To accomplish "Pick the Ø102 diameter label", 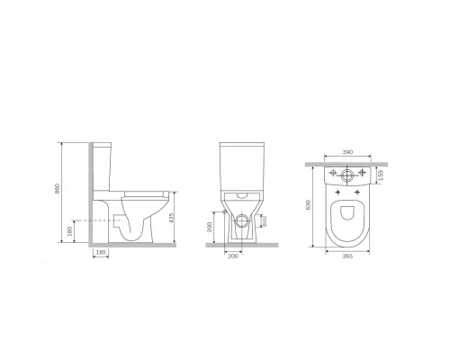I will (x=264, y=223).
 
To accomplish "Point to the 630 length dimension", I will (x=308, y=205).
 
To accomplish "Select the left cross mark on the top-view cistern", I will (x=332, y=172).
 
